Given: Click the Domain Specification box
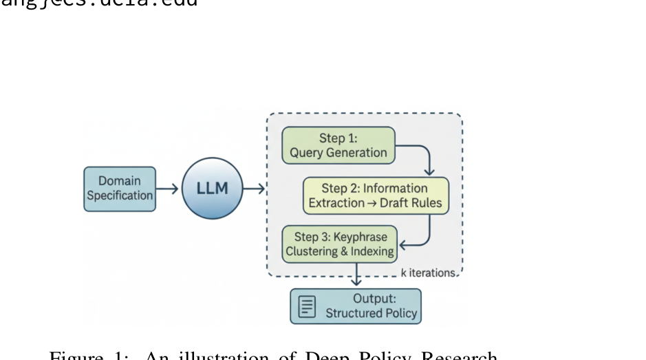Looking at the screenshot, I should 120,189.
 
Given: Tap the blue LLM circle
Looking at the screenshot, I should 213,189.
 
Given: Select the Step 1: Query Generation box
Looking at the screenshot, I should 338,145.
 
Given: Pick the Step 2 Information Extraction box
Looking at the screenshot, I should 376,196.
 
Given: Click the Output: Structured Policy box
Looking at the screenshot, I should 355,306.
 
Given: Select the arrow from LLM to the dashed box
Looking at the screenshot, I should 255,189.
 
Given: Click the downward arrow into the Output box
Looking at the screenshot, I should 356,279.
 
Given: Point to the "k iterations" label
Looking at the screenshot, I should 428,273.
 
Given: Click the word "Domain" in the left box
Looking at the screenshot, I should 120,182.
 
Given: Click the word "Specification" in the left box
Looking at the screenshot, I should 120,195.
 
